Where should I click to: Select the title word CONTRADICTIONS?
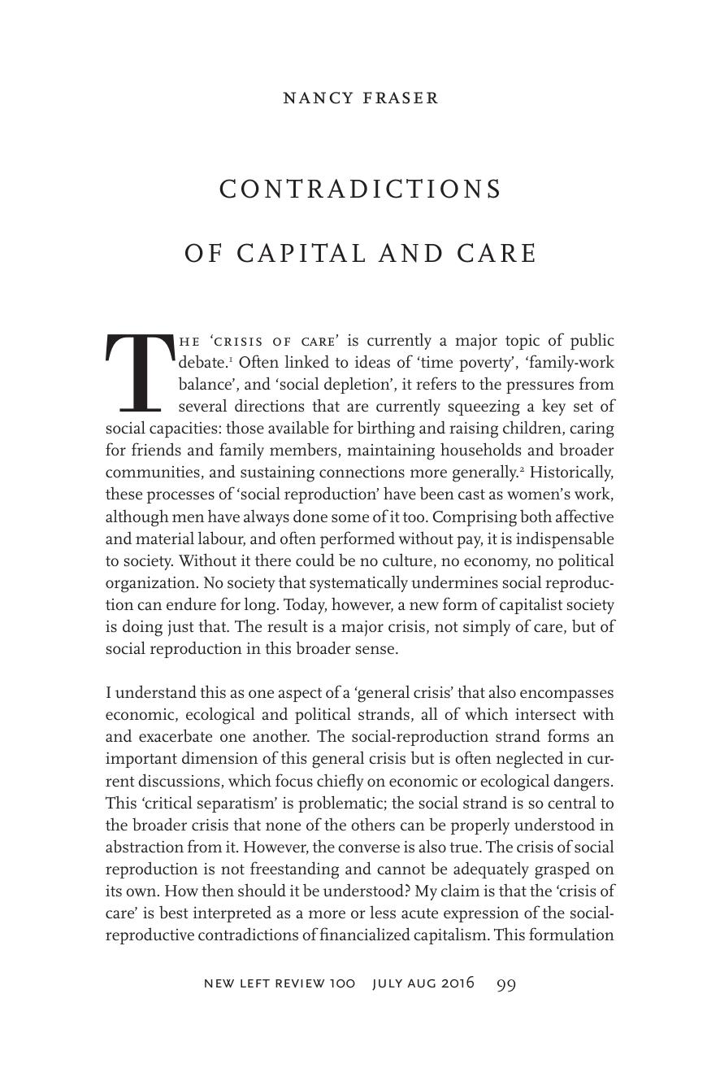tap(361, 190)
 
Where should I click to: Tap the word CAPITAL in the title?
tap(302, 254)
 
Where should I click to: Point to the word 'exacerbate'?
tap(176, 737)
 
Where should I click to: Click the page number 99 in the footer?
tap(506, 984)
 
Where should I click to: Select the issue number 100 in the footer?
tap(342, 983)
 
